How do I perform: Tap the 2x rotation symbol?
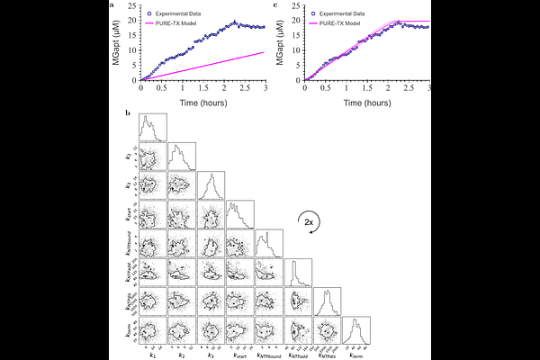coord(308,222)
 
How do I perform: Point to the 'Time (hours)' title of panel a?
coord(202,103)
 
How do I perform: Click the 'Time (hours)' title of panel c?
coord(366,103)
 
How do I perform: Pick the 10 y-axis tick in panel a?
coord(133,49)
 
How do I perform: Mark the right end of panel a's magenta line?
coord(264,52)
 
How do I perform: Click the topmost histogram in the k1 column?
coord(153,129)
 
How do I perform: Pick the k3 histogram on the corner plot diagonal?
coord(211,186)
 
